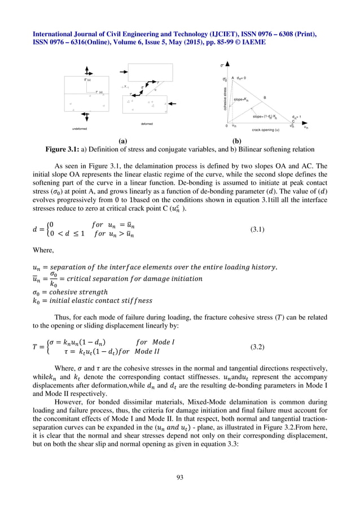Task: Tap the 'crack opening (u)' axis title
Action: click(266, 130)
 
